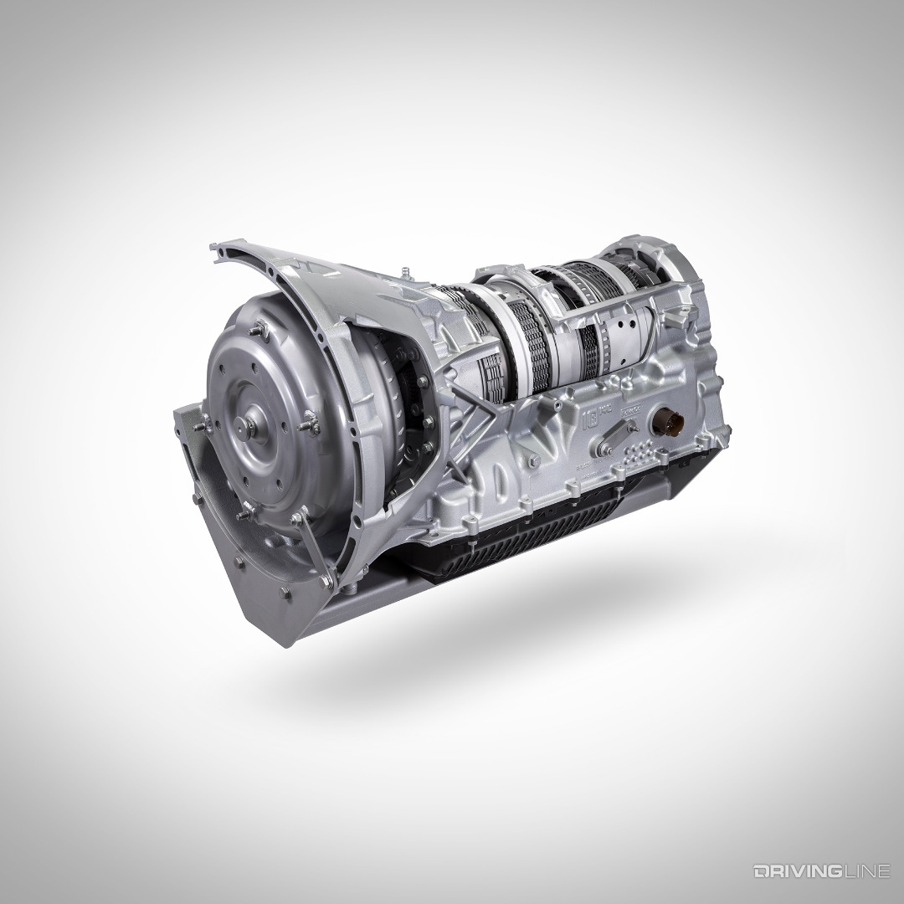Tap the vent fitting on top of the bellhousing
pyautogui.click(x=403, y=271)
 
